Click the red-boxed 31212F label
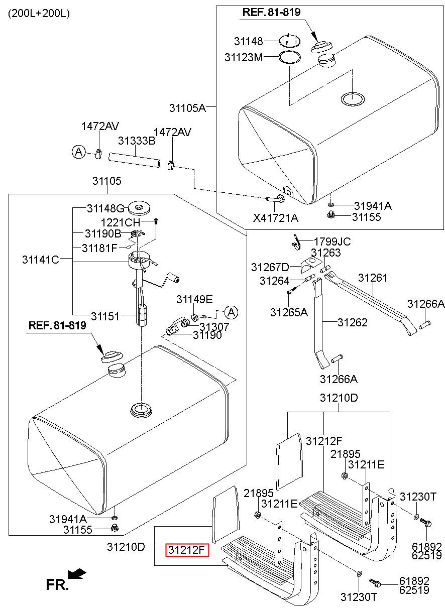[x=187, y=550]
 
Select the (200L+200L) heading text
[x=39, y=14]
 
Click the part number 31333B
[x=137, y=141]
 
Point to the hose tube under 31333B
[x=135, y=161]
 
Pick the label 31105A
[x=187, y=108]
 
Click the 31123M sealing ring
[x=290, y=58]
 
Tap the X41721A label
[x=276, y=218]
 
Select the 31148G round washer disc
[x=139, y=208]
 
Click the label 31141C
[x=41, y=260]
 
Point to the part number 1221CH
[x=120, y=223]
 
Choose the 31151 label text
[x=105, y=316]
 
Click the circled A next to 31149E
[x=231, y=312]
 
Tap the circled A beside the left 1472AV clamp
[x=79, y=152]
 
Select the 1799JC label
[x=332, y=241]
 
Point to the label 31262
[x=353, y=322]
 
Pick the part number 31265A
[x=289, y=312]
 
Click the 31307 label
[x=214, y=326]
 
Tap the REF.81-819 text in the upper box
[x=272, y=12]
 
